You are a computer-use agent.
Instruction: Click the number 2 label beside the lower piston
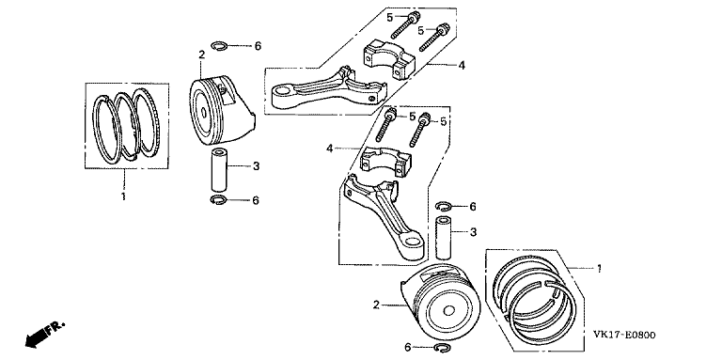pos(376,305)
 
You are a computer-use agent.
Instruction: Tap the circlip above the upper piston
pos(218,45)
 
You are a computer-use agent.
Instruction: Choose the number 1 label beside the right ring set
pos(598,270)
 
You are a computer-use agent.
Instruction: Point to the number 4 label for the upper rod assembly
pos(461,65)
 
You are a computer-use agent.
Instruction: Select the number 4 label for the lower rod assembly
pos(329,149)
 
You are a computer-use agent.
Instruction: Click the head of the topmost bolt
pos(415,16)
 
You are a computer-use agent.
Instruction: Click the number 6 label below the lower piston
pos(407,348)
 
